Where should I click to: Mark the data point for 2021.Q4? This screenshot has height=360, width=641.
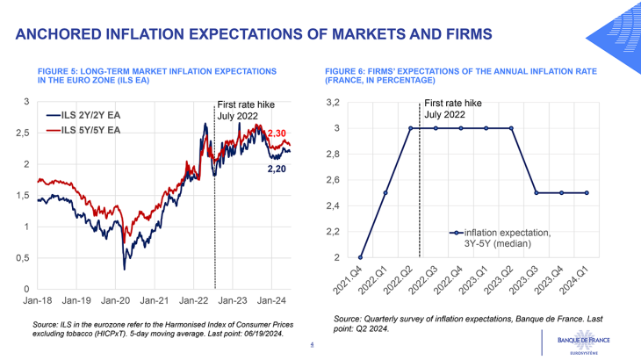point(360,258)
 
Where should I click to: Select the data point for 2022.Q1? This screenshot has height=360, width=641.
point(385,193)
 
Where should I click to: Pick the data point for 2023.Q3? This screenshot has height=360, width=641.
point(537,193)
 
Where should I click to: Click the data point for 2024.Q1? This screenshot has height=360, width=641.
point(587,193)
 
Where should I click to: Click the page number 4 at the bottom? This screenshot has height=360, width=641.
point(312,345)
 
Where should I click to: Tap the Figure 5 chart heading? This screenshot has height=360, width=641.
point(158,74)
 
